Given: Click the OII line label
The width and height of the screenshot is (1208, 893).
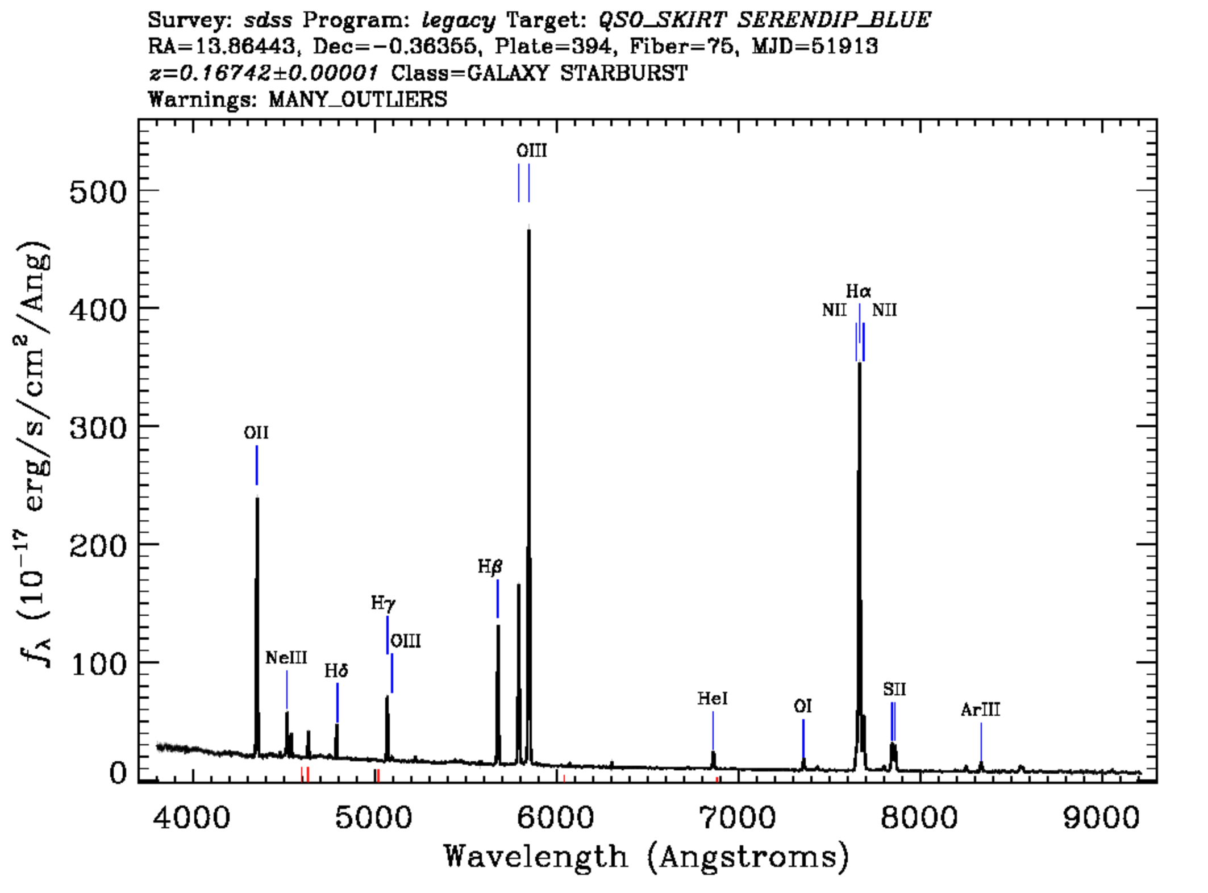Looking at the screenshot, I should coord(256,433).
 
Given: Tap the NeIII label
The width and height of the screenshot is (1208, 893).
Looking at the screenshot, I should coord(286,658).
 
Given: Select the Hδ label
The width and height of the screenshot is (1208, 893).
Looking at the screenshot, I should coord(336,671).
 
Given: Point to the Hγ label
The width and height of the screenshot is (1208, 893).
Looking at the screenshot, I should coord(384,603).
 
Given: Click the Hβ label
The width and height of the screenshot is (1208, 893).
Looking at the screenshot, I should coord(490,566).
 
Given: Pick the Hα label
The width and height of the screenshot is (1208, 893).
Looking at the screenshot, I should coord(858,291).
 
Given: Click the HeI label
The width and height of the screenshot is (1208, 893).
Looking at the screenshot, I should coord(713,698).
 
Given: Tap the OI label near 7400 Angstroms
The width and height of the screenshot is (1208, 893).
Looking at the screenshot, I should coord(802,706).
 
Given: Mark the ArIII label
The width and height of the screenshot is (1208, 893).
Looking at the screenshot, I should coord(980,710).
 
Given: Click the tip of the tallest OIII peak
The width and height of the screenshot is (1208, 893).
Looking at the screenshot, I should coord(529,228).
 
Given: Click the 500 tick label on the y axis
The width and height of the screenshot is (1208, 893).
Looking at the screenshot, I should coord(97,193).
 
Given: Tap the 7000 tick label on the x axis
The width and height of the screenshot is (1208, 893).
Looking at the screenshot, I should coord(738,818).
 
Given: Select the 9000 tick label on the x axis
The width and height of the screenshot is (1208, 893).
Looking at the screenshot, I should coord(1101,818).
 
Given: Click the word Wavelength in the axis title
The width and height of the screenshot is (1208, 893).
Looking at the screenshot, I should coord(535,856).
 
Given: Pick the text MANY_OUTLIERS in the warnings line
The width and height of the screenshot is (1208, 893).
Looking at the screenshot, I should coord(358,99).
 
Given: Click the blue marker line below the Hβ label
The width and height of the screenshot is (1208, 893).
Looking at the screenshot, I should coord(498,598).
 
